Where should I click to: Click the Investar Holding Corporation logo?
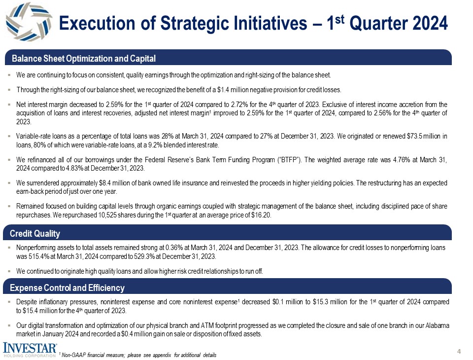click(30, 349)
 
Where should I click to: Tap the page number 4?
click(459, 351)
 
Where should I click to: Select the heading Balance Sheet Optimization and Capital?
click(84, 59)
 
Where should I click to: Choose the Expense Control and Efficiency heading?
click(68, 288)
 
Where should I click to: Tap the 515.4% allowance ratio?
click(42, 256)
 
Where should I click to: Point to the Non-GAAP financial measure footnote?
click(138, 355)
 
